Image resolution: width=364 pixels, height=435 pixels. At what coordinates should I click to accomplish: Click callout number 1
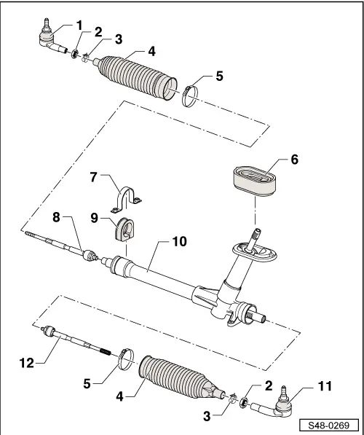[x=79, y=25]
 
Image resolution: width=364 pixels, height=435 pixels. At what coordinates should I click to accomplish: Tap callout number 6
[x=295, y=158]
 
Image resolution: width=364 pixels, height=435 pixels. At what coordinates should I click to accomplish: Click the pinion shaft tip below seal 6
[x=256, y=235]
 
